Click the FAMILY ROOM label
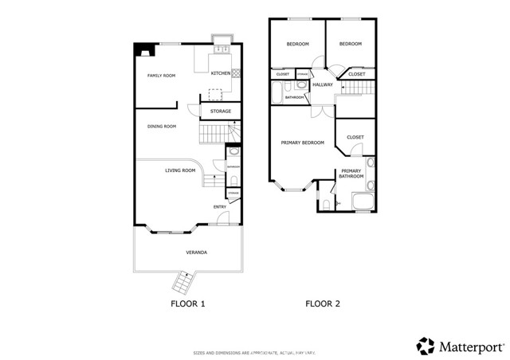click(161, 76)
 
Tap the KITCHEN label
click(221, 73)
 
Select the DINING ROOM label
click(161, 126)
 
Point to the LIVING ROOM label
click(180, 170)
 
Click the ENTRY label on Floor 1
click(219, 207)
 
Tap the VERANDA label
click(197, 252)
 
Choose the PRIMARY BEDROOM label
click(302, 143)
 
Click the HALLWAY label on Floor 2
click(323, 84)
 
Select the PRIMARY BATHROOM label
click(351, 174)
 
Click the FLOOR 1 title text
click(188, 304)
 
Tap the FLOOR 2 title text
click(323, 304)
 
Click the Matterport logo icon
click(426, 346)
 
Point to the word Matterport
click(469, 346)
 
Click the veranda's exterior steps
click(182, 282)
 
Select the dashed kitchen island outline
click(216, 93)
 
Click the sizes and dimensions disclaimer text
click(254, 352)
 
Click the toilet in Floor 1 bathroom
click(232, 153)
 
